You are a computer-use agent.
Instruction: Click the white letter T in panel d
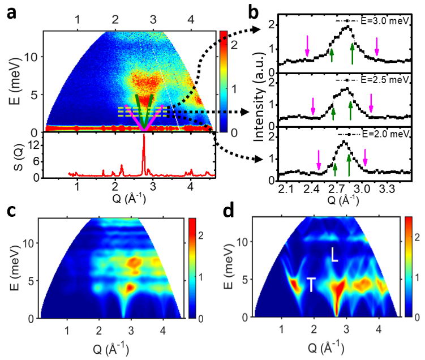click(312, 284)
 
